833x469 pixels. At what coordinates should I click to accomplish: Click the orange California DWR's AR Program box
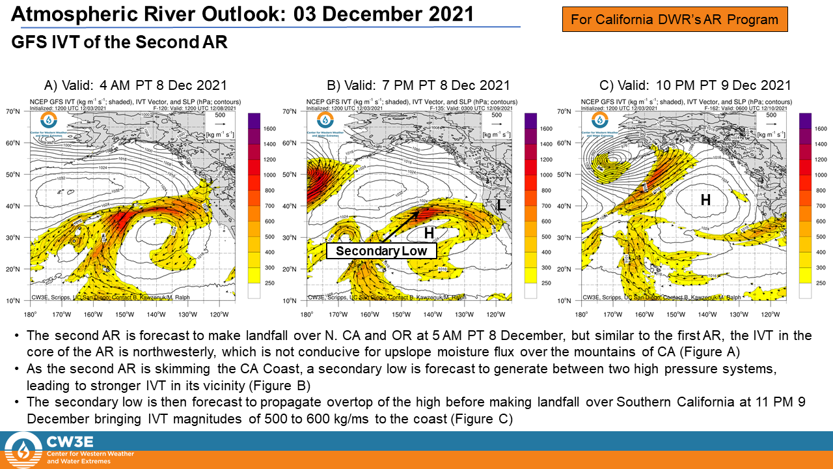[x=675, y=20]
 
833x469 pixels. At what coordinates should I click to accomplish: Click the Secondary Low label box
[x=381, y=251]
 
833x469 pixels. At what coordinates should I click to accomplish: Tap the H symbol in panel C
[x=705, y=201]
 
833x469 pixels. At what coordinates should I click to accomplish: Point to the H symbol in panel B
[x=429, y=233]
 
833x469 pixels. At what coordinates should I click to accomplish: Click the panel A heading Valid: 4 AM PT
[x=135, y=85]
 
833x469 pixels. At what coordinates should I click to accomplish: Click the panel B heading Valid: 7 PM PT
[x=418, y=85]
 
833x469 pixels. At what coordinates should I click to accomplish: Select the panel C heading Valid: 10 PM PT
[x=695, y=85]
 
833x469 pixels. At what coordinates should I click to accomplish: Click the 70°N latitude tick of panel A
[x=18, y=111]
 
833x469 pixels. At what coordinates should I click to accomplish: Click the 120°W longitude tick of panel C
[x=771, y=313]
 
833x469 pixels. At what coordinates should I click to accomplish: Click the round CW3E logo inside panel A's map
[x=49, y=122]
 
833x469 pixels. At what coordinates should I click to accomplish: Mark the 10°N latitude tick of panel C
[x=571, y=301]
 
